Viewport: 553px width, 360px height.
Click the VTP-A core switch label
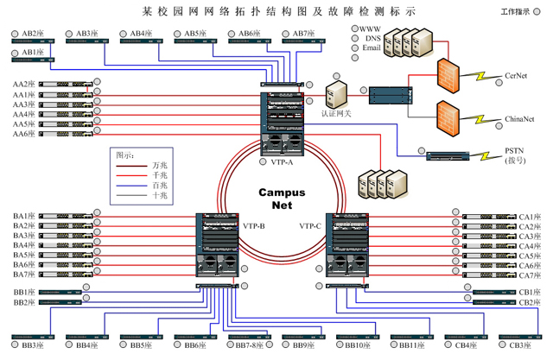click(282, 161)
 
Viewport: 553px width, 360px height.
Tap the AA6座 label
click(23, 134)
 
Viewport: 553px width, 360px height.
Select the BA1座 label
click(23, 216)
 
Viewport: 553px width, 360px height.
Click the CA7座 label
click(530, 275)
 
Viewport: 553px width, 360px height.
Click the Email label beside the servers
click(372, 48)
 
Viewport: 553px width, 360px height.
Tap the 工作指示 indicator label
click(518, 12)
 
